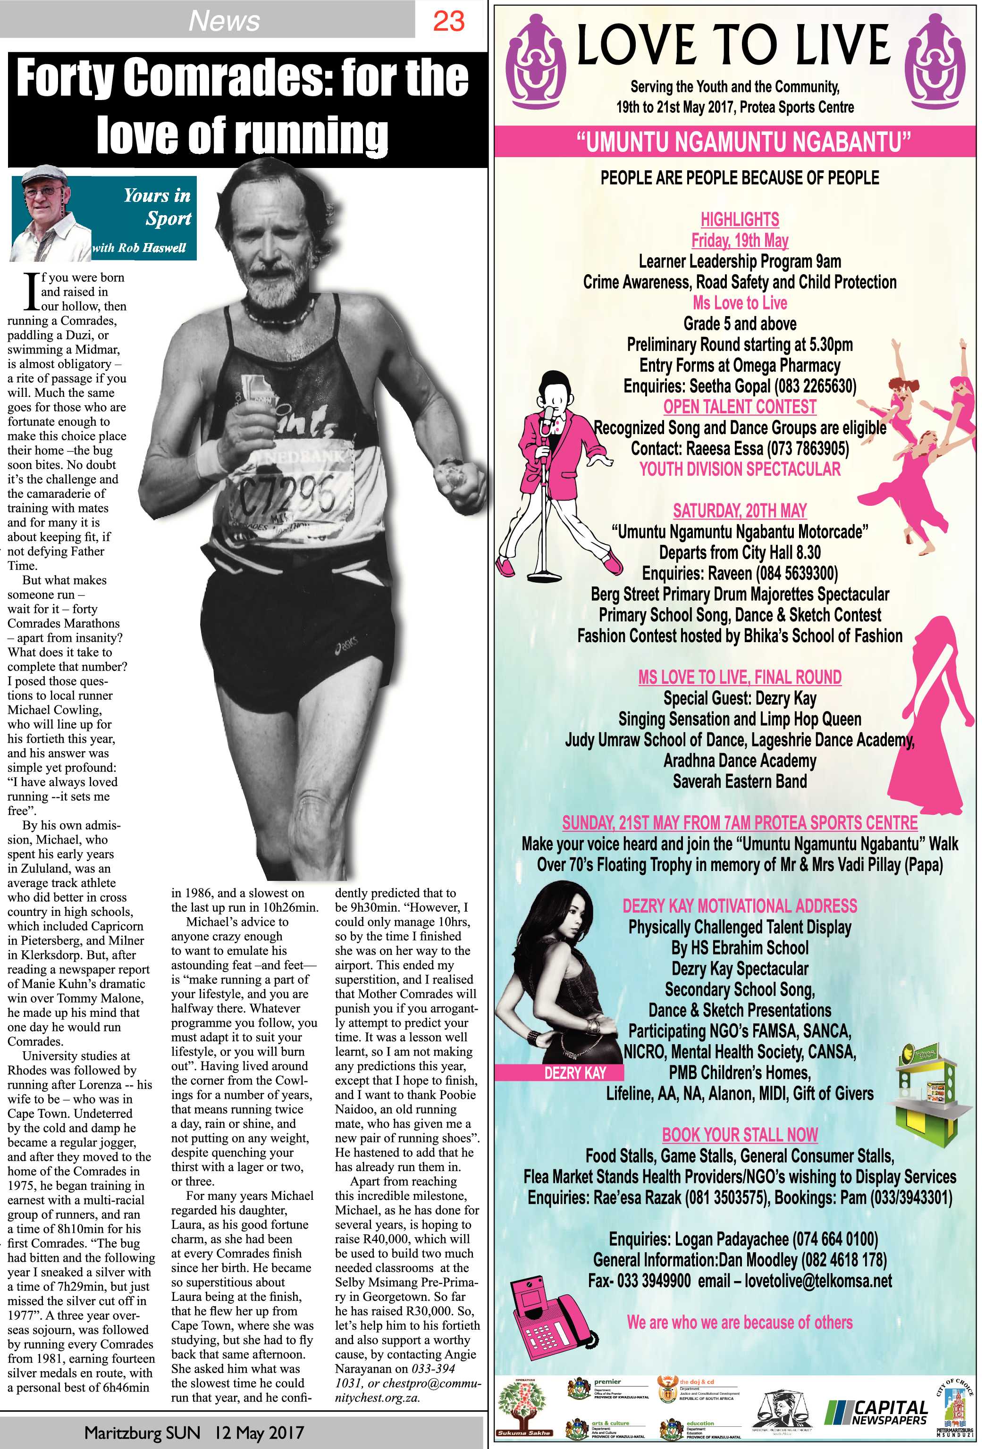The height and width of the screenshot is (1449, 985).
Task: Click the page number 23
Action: pyautogui.click(x=448, y=21)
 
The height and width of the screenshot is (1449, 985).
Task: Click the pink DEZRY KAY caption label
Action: pyautogui.click(x=575, y=1073)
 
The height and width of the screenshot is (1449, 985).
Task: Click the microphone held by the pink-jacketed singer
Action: pyautogui.click(x=547, y=415)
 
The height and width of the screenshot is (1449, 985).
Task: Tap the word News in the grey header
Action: pyautogui.click(x=224, y=21)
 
